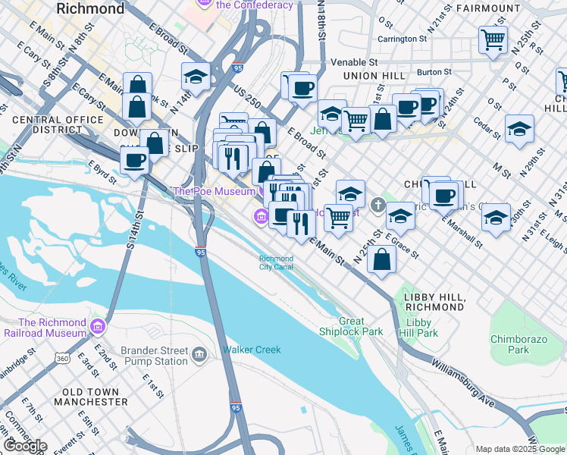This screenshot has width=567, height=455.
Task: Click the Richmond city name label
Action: [90, 9]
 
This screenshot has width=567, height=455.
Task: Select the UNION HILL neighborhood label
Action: [371, 77]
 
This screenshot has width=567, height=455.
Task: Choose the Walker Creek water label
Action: [252, 350]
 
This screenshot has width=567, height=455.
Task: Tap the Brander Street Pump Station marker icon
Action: [199, 355]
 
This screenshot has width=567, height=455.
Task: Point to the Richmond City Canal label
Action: [276, 263]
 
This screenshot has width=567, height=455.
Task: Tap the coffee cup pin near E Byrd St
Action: [135, 161]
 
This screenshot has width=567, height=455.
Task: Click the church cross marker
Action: [378, 204]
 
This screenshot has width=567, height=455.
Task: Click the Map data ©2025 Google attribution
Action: [519, 449]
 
